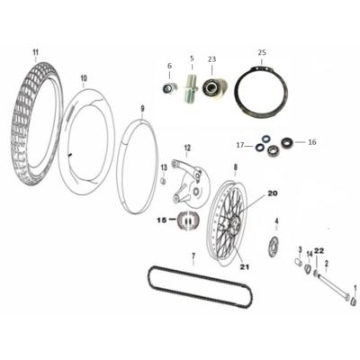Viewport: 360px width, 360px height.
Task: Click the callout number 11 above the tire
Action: (36, 53)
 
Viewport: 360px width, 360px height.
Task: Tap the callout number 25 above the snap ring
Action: (262, 52)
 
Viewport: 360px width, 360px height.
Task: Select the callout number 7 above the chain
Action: (193, 256)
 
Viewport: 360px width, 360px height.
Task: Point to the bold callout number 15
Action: (162, 220)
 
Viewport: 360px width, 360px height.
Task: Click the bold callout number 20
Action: (273, 193)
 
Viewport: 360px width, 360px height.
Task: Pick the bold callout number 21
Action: (245, 266)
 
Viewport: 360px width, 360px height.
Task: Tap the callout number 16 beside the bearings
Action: (312, 142)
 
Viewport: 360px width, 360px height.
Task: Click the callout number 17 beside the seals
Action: (240, 146)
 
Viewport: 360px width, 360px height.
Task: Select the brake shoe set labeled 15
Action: (187, 220)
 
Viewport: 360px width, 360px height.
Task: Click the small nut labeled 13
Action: (164, 181)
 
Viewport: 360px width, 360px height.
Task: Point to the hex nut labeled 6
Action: (168, 88)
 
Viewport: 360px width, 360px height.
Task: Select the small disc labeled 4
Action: (274, 247)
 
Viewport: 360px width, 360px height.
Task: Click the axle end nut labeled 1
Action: (354, 301)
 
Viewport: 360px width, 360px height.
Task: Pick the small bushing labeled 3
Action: (297, 262)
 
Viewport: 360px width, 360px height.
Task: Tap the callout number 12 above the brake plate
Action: (187, 148)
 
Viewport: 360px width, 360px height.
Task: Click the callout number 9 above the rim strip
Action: (143, 109)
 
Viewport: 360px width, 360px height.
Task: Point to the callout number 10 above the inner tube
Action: (84, 78)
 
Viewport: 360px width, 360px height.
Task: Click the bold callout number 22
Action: (319, 252)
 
